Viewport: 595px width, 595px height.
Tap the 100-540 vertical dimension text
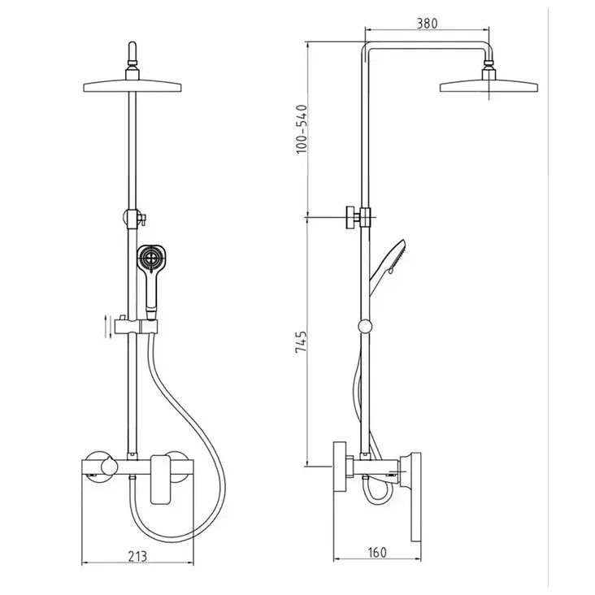point(302,128)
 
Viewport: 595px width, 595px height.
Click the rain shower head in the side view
point(489,84)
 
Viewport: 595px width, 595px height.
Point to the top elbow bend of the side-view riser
point(367,46)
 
